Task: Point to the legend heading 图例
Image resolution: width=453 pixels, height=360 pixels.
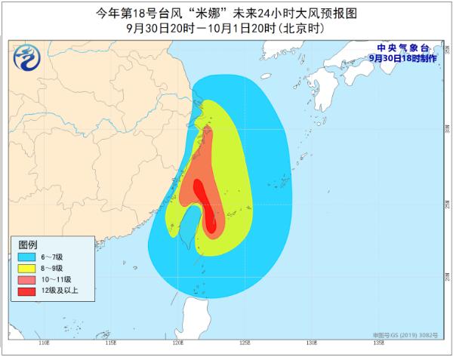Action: (x=28, y=245)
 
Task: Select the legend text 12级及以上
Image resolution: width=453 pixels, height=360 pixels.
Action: (x=60, y=291)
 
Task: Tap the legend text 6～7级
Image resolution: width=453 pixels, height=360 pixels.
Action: (x=54, y=257)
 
